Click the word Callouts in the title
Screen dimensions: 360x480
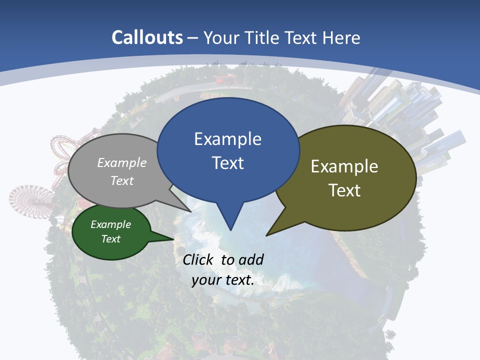click(147, 37)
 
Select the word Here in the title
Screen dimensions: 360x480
click(342, 37)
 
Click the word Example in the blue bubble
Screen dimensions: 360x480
click(227, 139)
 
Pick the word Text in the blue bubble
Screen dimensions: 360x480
click(227, 163)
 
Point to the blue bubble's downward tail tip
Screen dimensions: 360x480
click(230, 229)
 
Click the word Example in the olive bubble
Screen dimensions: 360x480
click(344, 166)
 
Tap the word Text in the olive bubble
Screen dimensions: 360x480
click(344, 190)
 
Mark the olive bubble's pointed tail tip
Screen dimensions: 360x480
click(267, 235)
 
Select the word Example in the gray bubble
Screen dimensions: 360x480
click(122, 162)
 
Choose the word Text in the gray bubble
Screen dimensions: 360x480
click(122, 180)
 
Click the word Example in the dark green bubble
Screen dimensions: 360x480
click(111, 224)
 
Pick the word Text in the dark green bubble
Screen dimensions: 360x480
click(111, 239)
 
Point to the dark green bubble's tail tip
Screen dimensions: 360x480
click(173, 239)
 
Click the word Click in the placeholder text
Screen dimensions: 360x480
click(199, 259)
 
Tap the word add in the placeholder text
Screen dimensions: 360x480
click(251, 259)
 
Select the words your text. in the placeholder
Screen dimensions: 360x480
click(223, 280)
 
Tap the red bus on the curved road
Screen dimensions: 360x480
click(225, 79)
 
